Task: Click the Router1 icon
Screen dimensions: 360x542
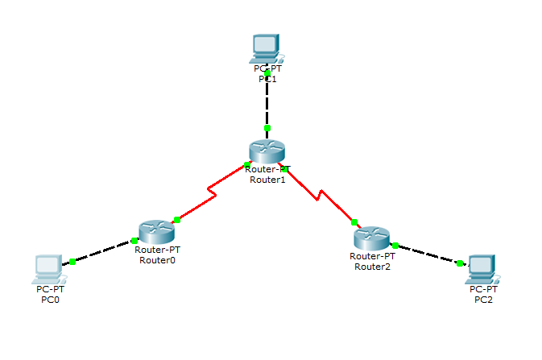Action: tap(267, 151)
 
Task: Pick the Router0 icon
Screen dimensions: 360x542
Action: tap(156, 232)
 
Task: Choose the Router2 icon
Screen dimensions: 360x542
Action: tap(370, 238)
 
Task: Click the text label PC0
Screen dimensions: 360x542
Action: tap(50, 299)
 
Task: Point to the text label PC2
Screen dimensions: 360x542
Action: tap(484, 299)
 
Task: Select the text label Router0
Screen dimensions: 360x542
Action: tap(157, 259)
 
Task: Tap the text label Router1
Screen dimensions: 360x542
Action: tap(267, 179)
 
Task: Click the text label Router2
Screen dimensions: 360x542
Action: tap(371, 267)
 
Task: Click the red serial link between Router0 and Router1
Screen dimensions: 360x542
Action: tap(211, 193)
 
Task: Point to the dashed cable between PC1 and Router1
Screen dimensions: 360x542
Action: tap(267, 101)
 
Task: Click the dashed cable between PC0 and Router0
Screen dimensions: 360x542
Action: tap(103, 251)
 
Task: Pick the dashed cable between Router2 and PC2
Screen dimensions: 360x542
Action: tap(427, 254)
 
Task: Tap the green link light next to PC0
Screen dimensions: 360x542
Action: tap(72, 261)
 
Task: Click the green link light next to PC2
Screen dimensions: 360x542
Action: tap(460, 263)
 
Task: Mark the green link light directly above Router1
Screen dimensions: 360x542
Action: tap(267, 128)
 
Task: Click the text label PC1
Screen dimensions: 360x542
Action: tap(267, 79)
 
